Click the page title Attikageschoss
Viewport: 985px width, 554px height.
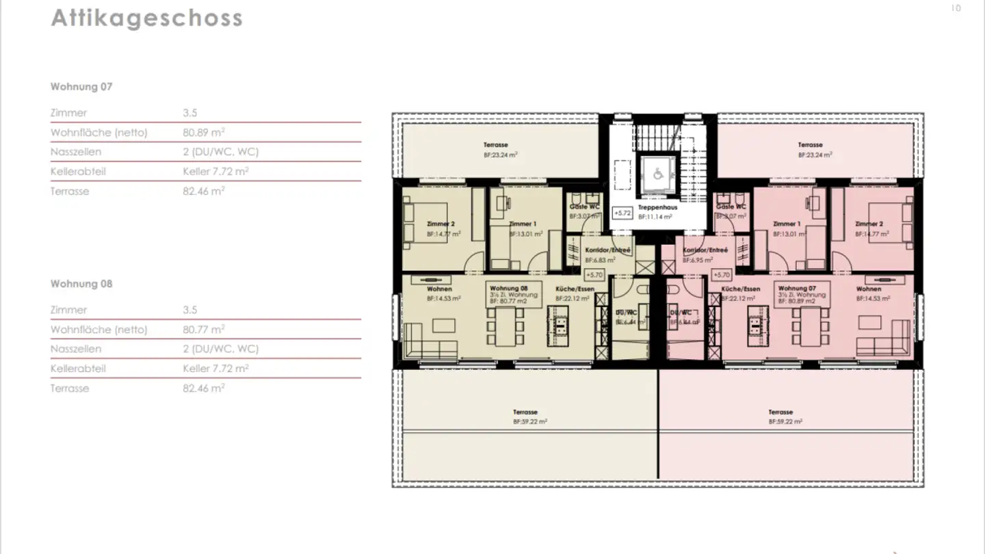point(146,18)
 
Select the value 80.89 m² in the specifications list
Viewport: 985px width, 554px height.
point(204,133)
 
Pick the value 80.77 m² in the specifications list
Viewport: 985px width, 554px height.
point(204,330)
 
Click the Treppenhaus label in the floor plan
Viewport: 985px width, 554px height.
point(657,207)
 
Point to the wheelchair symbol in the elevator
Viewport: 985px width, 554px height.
point(657,174)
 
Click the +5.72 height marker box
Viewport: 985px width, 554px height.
point(622,213)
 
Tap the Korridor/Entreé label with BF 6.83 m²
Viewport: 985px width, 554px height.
point(607,250)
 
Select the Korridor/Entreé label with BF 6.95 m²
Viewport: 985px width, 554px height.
point(705,250)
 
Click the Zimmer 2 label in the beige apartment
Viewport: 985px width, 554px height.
point(440,224)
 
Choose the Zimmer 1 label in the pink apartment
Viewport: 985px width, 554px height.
point(786,224)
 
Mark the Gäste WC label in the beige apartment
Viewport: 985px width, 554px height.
point(584,207)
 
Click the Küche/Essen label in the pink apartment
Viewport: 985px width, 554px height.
point(741,289)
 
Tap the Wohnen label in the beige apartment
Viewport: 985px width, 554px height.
point(440,289)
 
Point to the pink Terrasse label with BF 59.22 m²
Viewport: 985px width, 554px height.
point(780,412)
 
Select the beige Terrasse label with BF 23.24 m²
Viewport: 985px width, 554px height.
point(496,146)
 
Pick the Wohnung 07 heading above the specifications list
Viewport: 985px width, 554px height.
point(81,87)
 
